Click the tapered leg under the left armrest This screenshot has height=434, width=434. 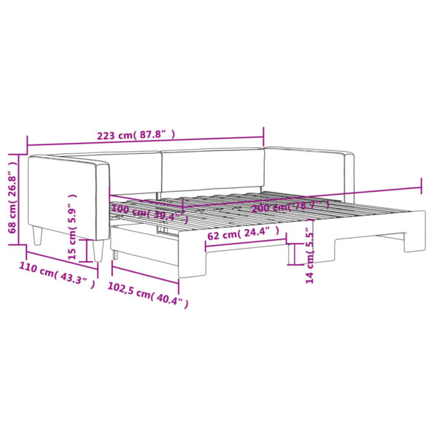(x=39, y=235)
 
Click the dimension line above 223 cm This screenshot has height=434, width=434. (x=146, y=127)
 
